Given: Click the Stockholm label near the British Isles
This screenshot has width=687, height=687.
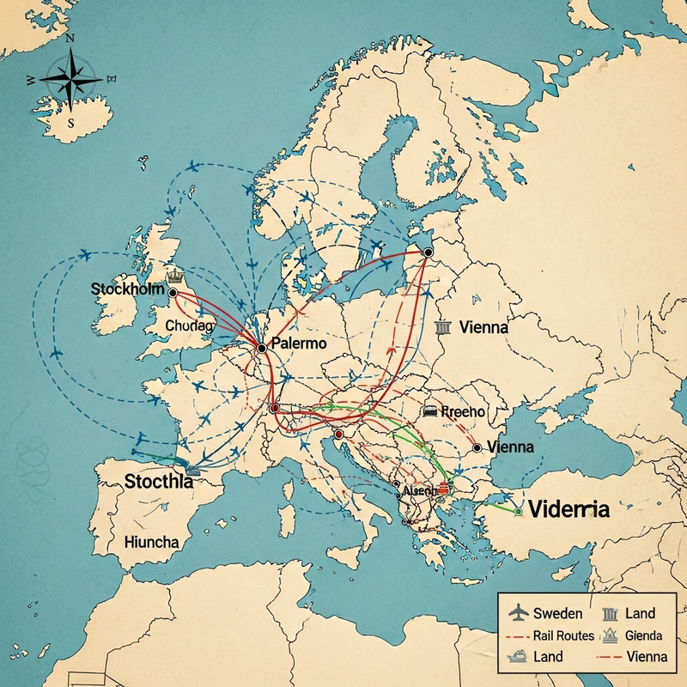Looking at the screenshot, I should (x=126, y=289).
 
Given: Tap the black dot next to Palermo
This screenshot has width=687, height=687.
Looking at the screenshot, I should (x=260, y=348).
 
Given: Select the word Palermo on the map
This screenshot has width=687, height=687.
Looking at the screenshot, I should (x=298, y=343).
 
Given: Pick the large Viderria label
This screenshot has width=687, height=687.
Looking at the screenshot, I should (x=569, y=508).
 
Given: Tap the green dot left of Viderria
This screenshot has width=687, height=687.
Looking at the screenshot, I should (x=518, y=511).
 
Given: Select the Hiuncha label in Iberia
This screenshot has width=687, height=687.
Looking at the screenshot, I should (x=151, y=542).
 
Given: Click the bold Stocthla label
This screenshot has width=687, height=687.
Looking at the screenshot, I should (x=159, y=481).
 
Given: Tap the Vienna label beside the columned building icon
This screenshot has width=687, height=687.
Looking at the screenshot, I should (x=483, y=327).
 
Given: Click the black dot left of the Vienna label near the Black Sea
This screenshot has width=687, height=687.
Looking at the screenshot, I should (x=477, y=447).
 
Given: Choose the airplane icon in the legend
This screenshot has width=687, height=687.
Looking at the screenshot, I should (x=517, y=613).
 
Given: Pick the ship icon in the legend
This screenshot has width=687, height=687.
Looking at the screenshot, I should (x=517, y=657).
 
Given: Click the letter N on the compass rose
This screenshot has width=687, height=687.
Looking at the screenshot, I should (x=70, y=40).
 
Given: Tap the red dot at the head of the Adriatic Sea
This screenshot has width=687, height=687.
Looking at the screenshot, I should (x=338, y=435).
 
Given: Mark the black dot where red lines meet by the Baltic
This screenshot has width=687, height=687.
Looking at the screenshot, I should (x=428, y=252).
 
